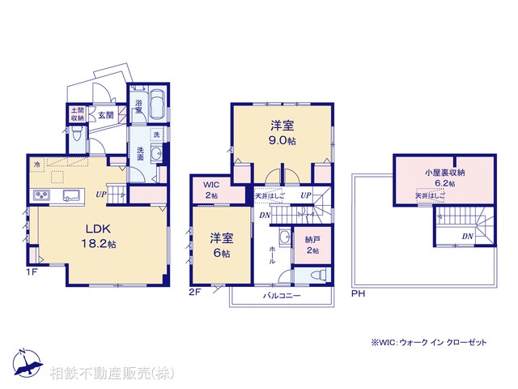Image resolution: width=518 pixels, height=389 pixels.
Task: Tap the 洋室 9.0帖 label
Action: click(282, 130)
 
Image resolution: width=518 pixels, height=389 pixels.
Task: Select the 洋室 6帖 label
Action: click(221, 245)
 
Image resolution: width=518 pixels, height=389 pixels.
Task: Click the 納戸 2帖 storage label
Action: click(312, 246)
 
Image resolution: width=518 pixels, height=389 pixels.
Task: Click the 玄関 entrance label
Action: click(107, 114)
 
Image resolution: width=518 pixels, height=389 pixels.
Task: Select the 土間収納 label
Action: click(77, 113)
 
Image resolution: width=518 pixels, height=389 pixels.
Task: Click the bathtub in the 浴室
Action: click(157, 106)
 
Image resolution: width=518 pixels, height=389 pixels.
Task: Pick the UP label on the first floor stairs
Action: click(101, 194)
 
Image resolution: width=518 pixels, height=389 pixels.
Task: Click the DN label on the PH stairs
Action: click(467, 236)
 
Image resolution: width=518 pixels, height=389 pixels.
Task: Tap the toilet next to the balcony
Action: click(314, 275)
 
